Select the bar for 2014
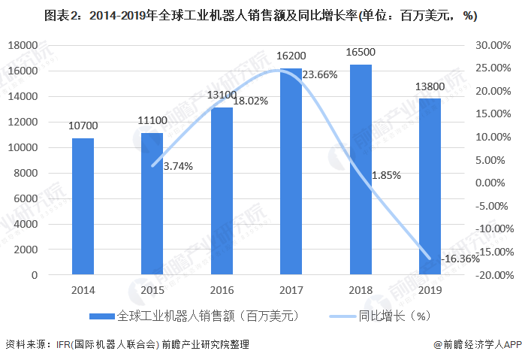83,207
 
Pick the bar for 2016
222,191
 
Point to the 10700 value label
83,126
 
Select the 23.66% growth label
319,74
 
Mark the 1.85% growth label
386,174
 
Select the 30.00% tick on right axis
493,45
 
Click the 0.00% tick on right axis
496,183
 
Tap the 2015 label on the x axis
152,289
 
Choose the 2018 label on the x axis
361,289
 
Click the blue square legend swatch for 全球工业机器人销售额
103,316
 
